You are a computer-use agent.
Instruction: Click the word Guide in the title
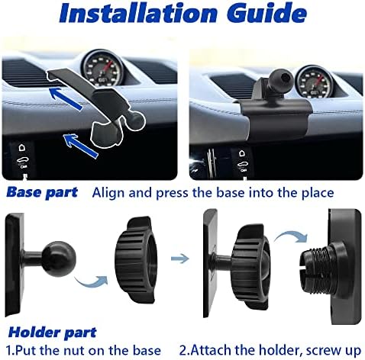(x=266, y=13)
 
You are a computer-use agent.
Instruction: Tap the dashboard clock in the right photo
(x=312, y=82)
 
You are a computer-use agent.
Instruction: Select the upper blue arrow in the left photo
(x=66, y=98)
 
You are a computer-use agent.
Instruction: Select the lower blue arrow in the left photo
(x=80, y=146)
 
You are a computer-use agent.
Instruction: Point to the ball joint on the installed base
(x=283, y=78)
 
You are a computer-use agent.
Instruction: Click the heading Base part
(x=42, y=192)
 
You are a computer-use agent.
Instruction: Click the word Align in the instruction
(x=108, y=193)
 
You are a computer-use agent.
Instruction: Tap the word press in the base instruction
(x=173, y=193)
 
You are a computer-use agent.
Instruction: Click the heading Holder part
(x=53, y=333)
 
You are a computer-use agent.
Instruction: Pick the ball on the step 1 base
(x=59, y=258)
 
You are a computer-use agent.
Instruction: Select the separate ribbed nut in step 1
(x=135, y=260)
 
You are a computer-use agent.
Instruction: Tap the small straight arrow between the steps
(x=180, y=259)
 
